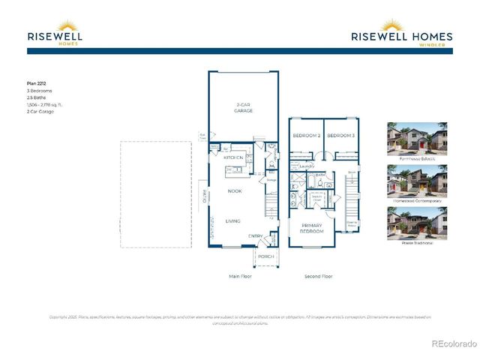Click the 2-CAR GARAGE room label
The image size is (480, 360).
pos(243,107)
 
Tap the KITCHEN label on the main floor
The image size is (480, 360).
pos(233,157)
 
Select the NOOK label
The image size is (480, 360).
pos(235,191)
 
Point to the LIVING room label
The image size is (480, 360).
pos(234,220)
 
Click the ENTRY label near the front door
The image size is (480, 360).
pos(256,236)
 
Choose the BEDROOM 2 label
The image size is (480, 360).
pos(307,136)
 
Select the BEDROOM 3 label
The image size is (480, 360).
pos(340,136)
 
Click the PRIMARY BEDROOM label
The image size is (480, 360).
pos(313,228)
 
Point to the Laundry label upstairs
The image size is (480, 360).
pos(305,166)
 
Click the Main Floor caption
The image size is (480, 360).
pos(241,277)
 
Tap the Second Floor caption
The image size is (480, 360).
pos(318,277)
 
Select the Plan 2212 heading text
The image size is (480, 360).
pos(36,84)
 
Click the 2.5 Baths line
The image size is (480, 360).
pos(35,97)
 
